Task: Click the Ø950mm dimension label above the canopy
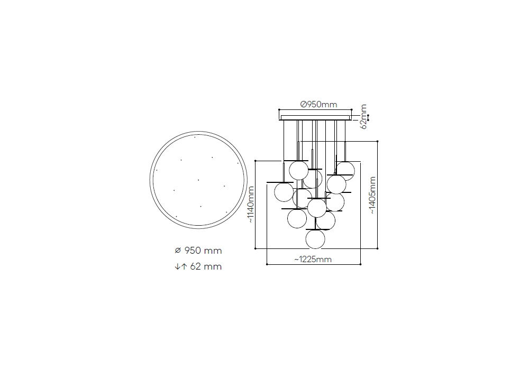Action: coord(318,105)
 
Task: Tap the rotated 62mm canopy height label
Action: coord(363,117)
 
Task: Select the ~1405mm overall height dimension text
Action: coord(372,195)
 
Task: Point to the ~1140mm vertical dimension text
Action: coord(251,205)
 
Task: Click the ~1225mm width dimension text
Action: coord(313,259)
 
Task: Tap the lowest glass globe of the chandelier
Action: coord(315,239)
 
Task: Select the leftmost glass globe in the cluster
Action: coord(284,192)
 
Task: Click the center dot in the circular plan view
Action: coord(198,180)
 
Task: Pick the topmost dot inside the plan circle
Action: coord(195,137)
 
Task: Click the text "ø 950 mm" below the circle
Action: coord(198,251)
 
